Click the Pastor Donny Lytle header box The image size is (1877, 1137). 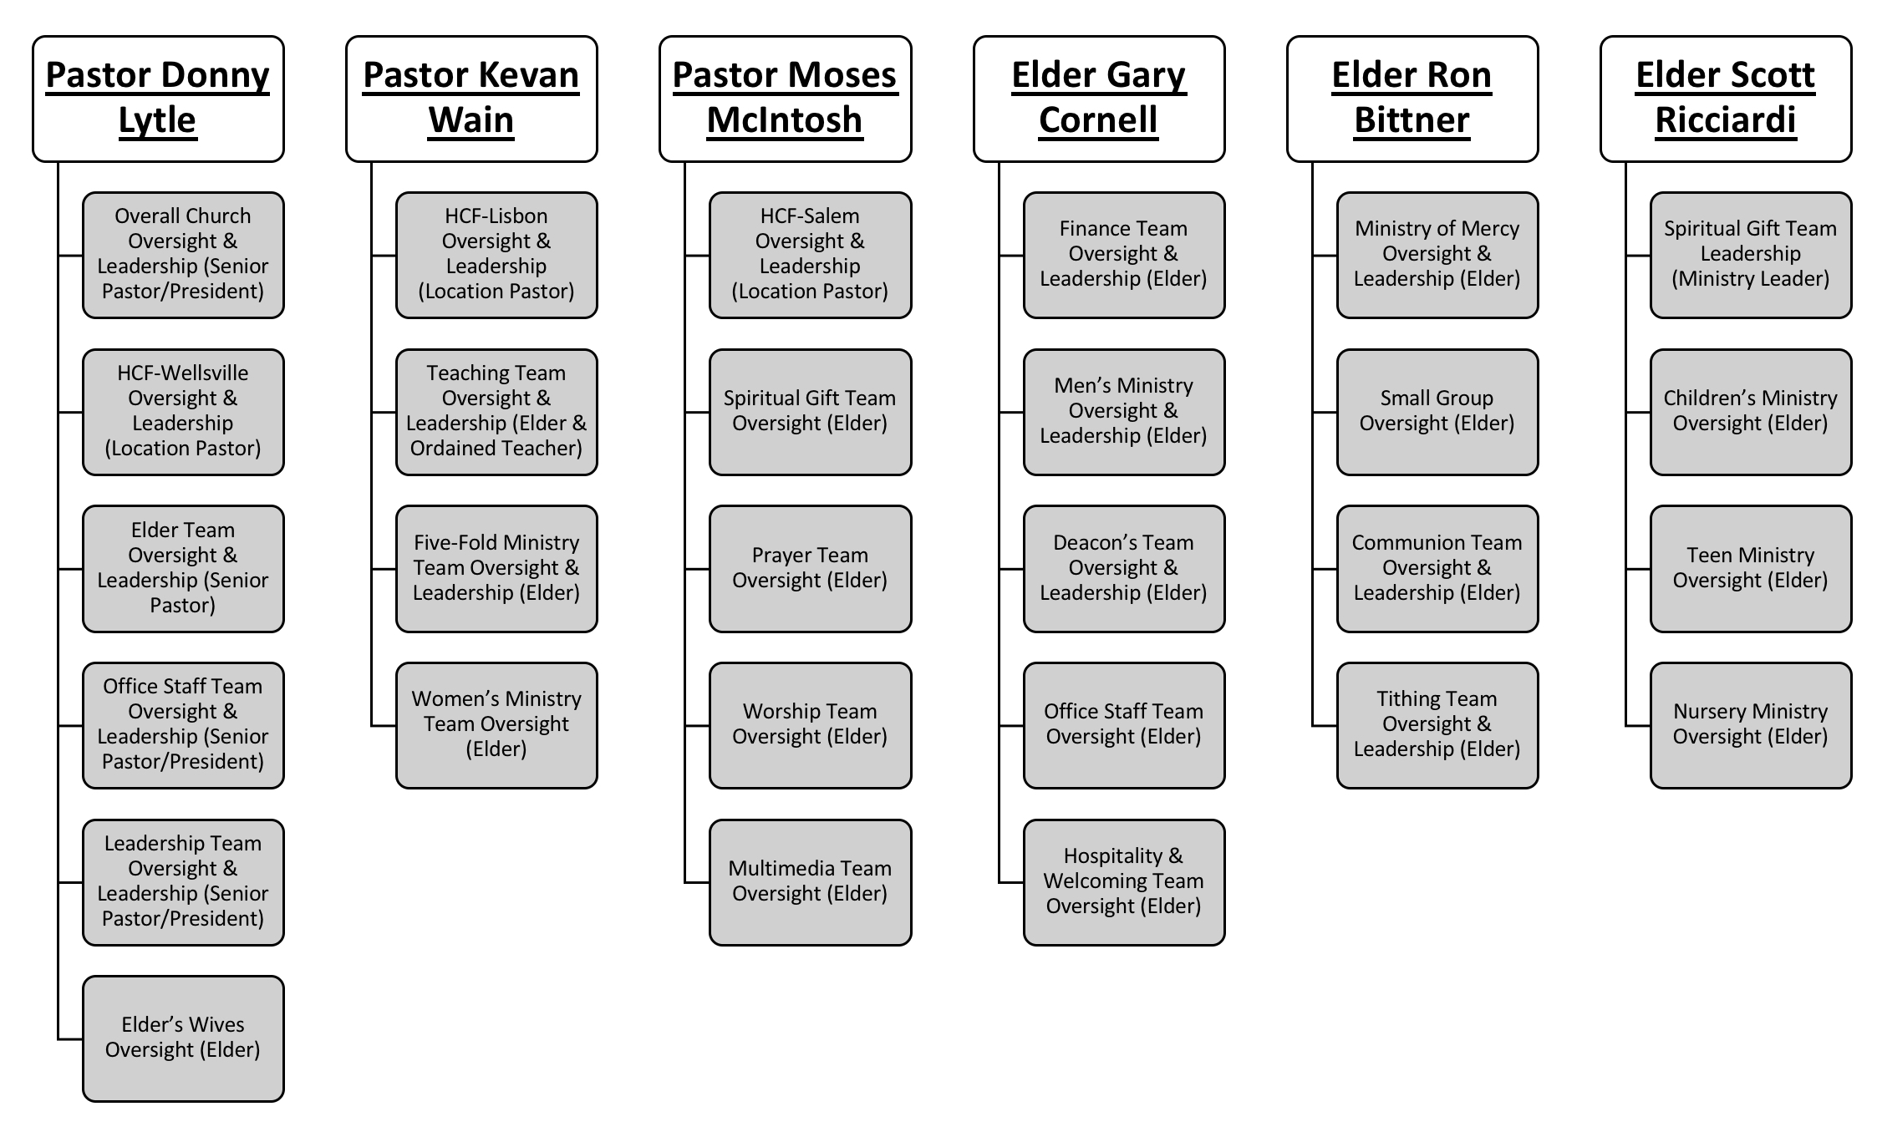(158, 99)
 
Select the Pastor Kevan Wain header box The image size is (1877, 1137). (471, 99)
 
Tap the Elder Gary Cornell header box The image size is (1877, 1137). (1099, 99)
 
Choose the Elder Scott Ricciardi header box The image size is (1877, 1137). (1726, 99)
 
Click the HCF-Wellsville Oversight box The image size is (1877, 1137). (183, 412)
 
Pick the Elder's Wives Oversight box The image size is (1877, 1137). (183, 1038)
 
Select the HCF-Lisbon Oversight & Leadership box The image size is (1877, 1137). (496, 255)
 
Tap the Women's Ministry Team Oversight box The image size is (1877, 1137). (496, 725)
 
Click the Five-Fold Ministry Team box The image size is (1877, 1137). (496, 568)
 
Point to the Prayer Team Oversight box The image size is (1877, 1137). (810, 568)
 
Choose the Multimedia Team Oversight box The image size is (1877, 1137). (810, 882)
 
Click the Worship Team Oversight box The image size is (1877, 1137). (810, 725)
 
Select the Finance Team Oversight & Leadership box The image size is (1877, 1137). (1124, 255)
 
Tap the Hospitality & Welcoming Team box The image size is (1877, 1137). (1124, 882)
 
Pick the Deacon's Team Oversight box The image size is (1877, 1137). (1124, 568)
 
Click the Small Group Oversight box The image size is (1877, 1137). (1437, 412)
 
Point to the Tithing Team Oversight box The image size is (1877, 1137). (1437, 725)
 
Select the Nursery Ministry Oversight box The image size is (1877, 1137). (1751, 725)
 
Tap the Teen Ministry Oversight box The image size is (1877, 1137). (1751, 568)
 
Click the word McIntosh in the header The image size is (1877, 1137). (785, 119)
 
